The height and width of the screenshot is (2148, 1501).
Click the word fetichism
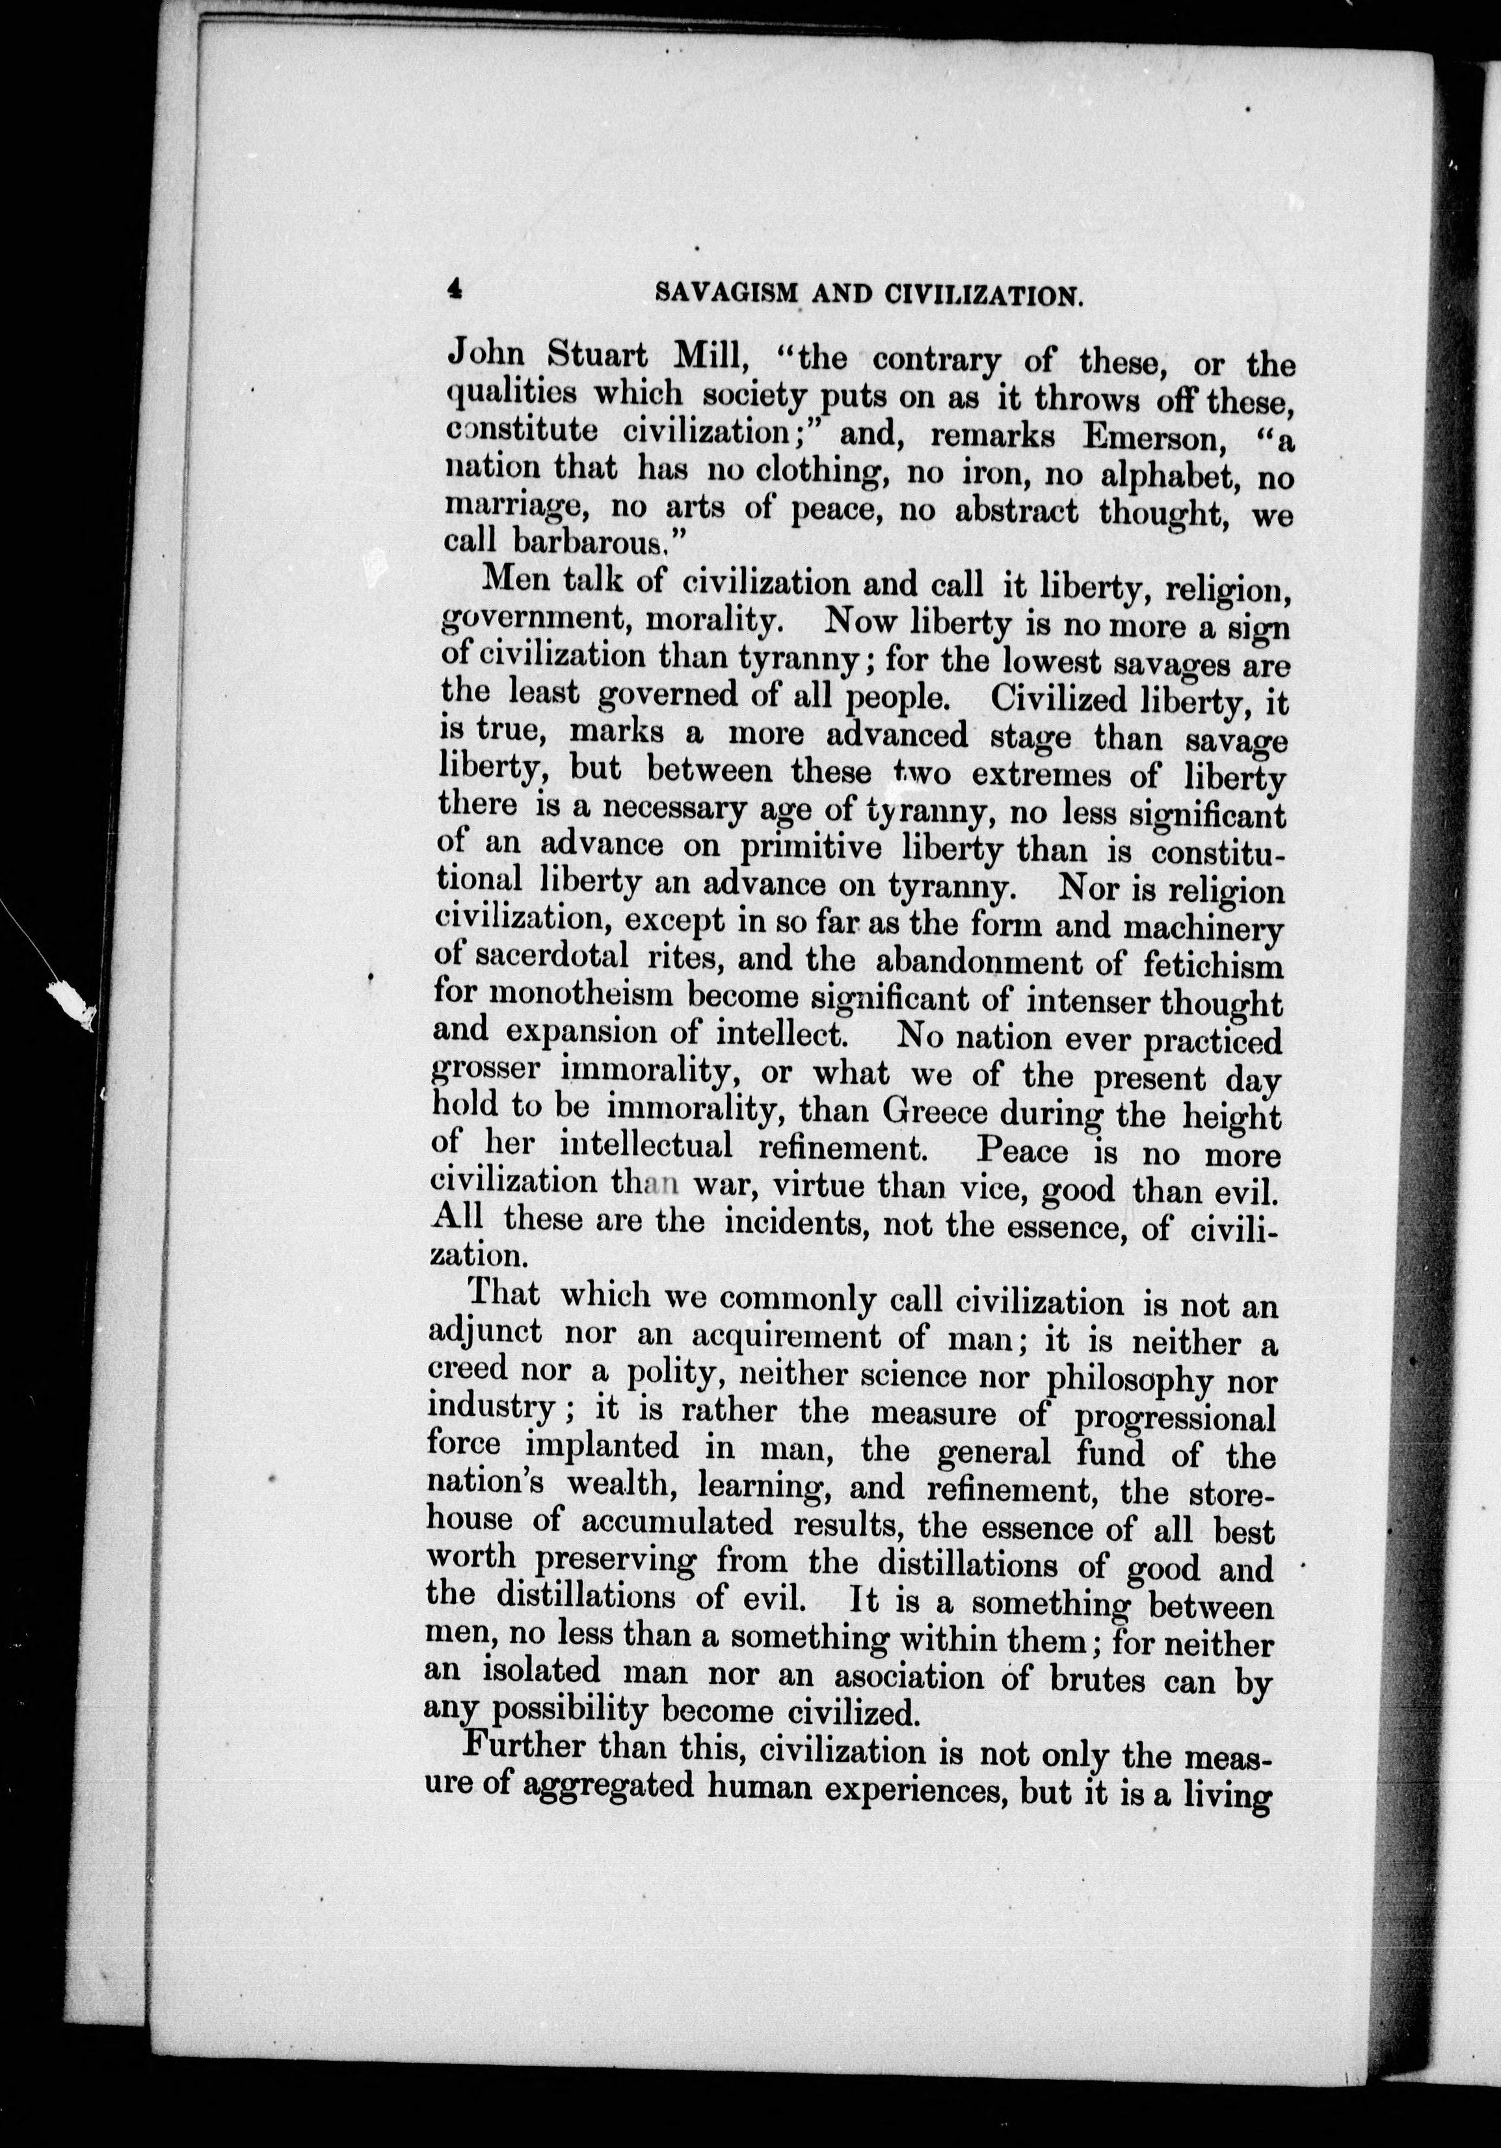[1213, 965]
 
